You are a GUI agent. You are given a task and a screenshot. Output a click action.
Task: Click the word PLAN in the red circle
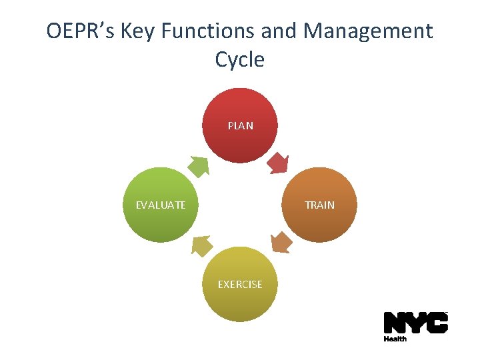click(x=240, y=125)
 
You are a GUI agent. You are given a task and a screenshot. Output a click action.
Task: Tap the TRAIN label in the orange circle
click(x=319, y=205)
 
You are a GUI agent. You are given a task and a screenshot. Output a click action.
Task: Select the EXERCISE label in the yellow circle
click(x=240, y=284)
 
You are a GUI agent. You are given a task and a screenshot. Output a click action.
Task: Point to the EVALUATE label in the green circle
click(x=161, y=205)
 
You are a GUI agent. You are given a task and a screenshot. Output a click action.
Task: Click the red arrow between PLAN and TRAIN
click(x=278, y=163)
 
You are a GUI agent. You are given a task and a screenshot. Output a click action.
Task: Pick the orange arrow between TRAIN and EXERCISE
click(x=281, y=242)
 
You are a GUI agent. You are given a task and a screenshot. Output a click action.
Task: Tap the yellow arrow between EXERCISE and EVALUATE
click(x=202, y=246)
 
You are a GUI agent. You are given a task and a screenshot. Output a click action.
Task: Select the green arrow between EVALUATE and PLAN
click(x=198, y=165)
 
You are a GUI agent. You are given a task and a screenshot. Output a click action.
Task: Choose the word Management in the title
click(x=368, y=31)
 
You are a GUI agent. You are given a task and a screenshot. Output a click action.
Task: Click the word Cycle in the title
click(x=240, y=59)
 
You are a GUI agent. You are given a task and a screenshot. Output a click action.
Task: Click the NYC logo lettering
click(x=415, y=323)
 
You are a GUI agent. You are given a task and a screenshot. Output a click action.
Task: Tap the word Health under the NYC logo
click(x=395, y=339)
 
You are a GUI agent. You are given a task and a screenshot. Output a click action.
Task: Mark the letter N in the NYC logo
click(x=395, y=323)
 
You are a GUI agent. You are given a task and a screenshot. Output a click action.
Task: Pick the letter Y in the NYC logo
click(x=416, y=323)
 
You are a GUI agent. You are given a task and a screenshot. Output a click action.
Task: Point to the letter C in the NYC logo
click(x=437, y=323)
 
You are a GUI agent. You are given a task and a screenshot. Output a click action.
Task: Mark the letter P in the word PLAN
click(x=231, y=125)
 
